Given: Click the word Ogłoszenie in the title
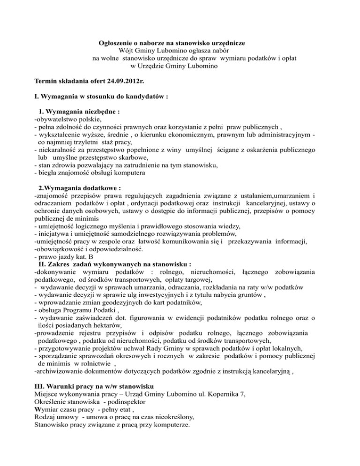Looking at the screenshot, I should click(117, 43).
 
